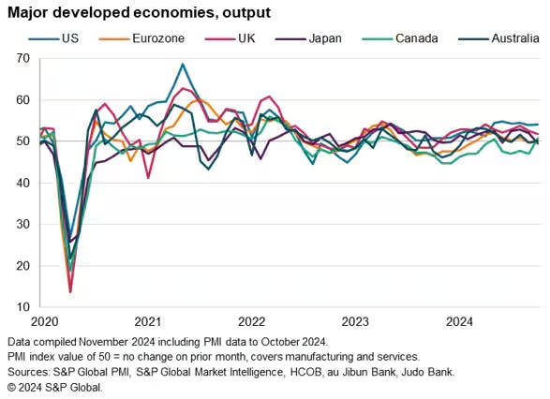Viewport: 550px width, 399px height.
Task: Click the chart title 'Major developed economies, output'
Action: tap(139, 13)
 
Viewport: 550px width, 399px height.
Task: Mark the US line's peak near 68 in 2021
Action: tap(183, 65)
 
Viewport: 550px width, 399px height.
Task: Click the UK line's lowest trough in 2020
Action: tap(70, 292)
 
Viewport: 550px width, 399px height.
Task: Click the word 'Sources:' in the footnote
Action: tap(31, 372)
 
